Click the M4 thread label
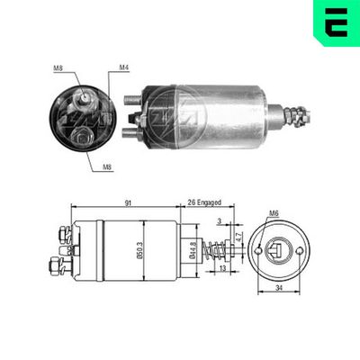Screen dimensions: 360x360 coord(123,67)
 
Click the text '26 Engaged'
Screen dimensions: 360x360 coord(205,203)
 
